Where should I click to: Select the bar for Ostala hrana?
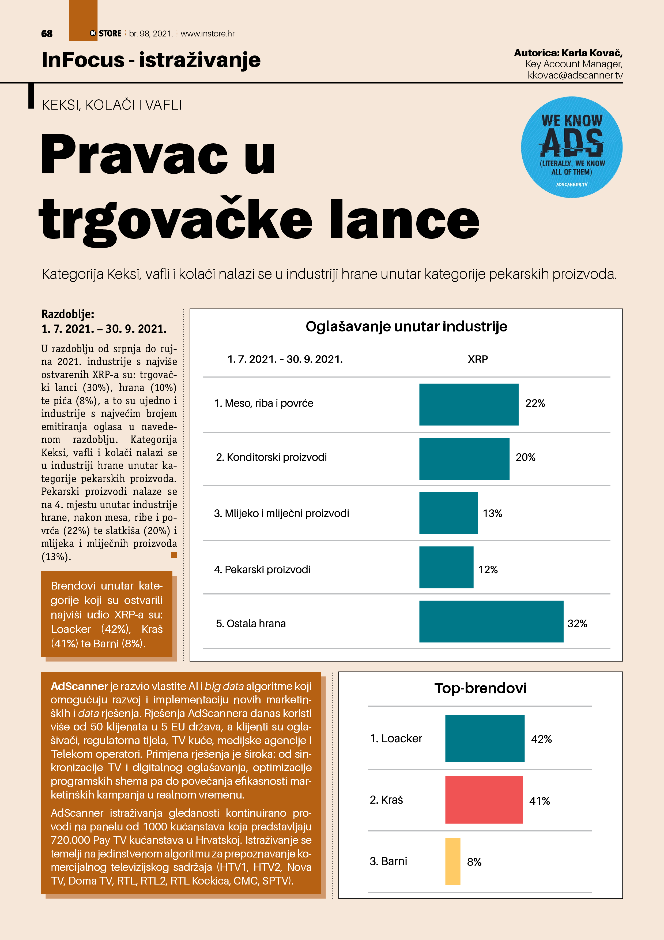click(x=491, y=621)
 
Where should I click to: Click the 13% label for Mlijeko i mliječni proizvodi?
click(x=492, y=513)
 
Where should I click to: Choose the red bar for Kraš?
click(x=484, y=800)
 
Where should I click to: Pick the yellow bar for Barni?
click(x=452, y=861)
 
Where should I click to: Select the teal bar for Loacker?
click(x=484, y=738)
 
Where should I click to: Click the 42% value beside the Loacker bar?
click(x=541, y=739)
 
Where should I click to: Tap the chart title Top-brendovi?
click(x=480, y=688)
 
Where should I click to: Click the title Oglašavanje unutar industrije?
click(x=406, y=326)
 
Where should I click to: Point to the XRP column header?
click(x=477, y=359)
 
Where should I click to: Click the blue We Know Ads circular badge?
click(x=572, y=147)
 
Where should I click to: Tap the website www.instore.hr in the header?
click(x=207, y=33)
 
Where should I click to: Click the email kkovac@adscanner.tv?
click(x=575, y=75)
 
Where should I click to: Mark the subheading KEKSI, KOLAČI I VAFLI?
click(x=112, y=105)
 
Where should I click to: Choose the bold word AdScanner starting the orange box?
click(x=79, y=686)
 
